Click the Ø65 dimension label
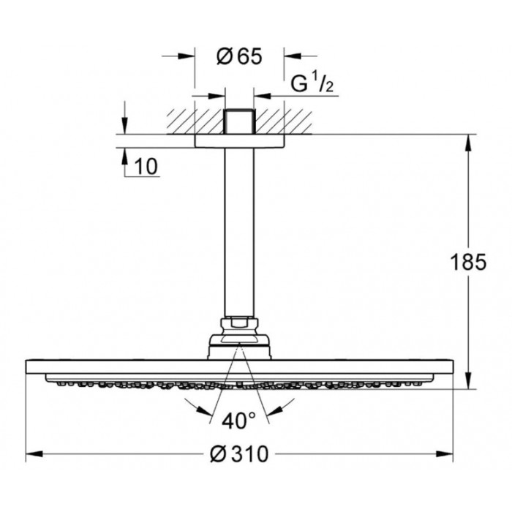(239, 56)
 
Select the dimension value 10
(146, 167)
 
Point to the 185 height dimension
(468, 262)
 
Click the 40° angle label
(238, 421)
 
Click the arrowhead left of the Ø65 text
(187, 56)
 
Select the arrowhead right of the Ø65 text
(293, 56)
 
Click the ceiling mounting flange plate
(239, 141)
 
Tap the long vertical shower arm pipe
(239, 232)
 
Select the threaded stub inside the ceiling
(239, 121)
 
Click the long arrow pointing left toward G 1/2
(296, 96)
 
